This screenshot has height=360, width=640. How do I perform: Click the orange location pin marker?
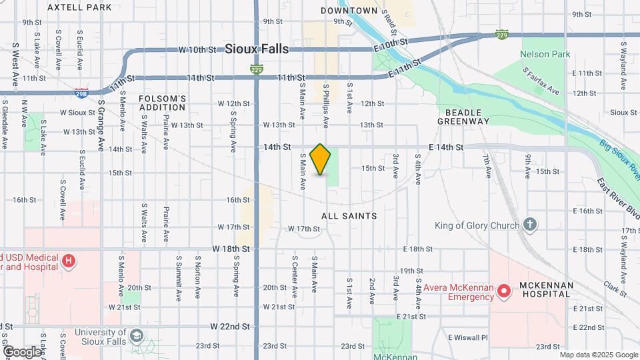(x=321, y=159)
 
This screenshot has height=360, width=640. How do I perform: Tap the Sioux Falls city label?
(x=257, y=49)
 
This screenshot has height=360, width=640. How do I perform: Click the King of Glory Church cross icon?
(x=530, y=225)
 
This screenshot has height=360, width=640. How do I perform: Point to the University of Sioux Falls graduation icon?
(x=137, y=335)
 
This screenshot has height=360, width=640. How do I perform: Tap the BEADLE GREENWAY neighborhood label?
(x=463, y=117)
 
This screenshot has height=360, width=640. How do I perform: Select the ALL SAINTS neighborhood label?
(x=349, y=216)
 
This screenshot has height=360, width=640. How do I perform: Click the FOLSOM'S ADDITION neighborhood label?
(x=162, y=103)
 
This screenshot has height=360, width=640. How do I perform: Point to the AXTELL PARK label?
(x=79, y=8)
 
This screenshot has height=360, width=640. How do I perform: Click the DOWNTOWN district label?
(x=349, y=11)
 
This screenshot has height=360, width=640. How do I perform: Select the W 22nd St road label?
(x=230, y=327)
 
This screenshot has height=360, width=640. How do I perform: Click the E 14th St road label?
(x=446, y=147)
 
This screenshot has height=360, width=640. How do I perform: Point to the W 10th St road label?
(x=197, y=49)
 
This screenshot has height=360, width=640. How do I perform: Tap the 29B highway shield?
(x=81, y=92)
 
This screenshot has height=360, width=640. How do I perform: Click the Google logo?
(x=22, y=351)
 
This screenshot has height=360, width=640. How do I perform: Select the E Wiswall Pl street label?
(x=468, y=337)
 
